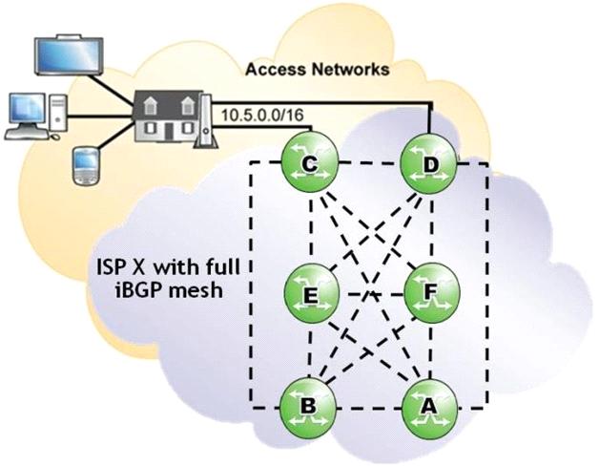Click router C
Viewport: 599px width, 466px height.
tap(310, 164)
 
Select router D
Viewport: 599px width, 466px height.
tap(429, 164)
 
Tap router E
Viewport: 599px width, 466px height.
tap(312, 293)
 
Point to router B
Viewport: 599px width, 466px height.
tap(308, 406)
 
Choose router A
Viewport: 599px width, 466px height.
tap(429, 407)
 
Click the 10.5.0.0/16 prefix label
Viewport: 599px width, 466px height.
tap(262, 115)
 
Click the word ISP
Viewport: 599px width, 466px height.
tap(113, 267)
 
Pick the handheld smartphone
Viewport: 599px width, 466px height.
tap(86, 167)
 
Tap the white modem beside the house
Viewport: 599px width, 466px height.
tap(206, 120)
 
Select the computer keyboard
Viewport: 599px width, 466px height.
tap(27, 135)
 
